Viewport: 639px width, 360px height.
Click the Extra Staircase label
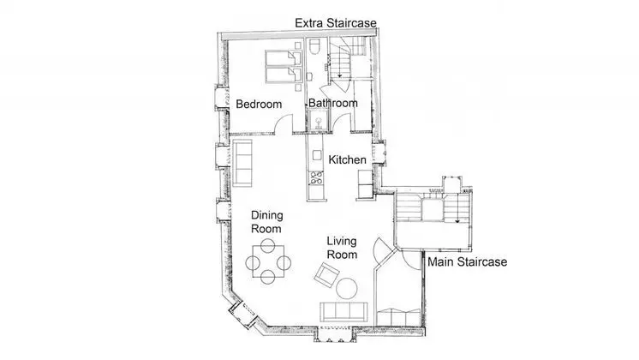336,23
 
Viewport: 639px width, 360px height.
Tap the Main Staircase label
467,261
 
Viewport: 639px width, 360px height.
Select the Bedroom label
259,104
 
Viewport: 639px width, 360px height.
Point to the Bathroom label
333,103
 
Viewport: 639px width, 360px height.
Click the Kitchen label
347,159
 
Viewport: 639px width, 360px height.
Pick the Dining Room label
266,222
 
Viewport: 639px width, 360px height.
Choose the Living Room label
342,248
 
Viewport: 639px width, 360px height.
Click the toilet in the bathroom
314,46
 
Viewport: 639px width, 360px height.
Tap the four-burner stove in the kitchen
316,177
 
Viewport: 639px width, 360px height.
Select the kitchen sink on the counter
317,155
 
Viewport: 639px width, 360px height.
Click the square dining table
268,261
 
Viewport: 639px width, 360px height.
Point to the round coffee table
347,289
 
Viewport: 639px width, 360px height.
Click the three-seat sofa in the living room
343,312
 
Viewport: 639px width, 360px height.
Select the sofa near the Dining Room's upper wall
242,163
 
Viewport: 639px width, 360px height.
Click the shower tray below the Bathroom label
319,121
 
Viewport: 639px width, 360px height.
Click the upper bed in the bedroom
284,58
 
